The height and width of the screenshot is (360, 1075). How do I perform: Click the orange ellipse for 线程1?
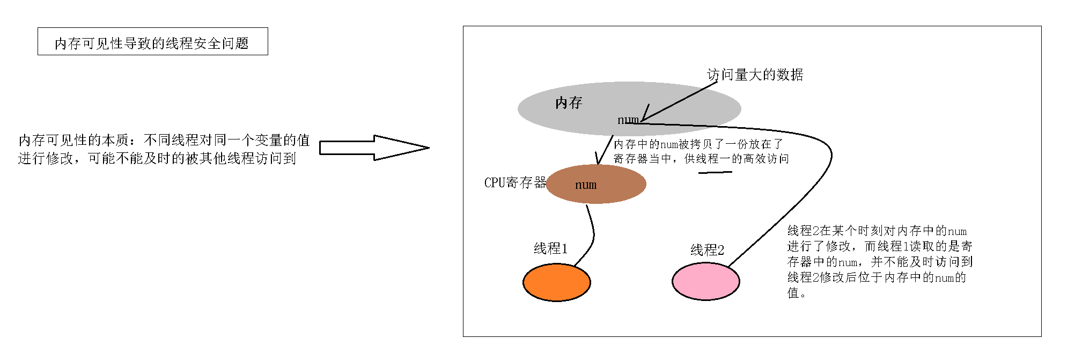coord(556,282)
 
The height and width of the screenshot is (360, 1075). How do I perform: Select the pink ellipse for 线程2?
coord(705,281)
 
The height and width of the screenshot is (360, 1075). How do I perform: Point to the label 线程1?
coord(550,248)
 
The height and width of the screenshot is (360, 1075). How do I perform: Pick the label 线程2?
coord(707,250)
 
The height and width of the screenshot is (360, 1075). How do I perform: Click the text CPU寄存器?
coord(514,183)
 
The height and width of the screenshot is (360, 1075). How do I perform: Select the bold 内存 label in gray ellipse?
coord(569,102)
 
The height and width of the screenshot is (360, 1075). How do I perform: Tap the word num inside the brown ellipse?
coord(585,185)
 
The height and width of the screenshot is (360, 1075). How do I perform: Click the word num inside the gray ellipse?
coord(628,120)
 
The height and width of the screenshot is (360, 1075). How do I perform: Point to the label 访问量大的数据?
coord(755,75)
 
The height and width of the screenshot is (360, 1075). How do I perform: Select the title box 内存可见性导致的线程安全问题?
coord(152,42)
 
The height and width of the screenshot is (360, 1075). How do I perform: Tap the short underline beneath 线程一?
coord(715,172)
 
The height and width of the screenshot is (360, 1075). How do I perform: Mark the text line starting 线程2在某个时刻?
coord(877,231)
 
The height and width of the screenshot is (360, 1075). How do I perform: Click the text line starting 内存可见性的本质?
coord(164,141)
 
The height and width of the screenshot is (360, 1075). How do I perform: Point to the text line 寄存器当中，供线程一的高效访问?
coord(701,159)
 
